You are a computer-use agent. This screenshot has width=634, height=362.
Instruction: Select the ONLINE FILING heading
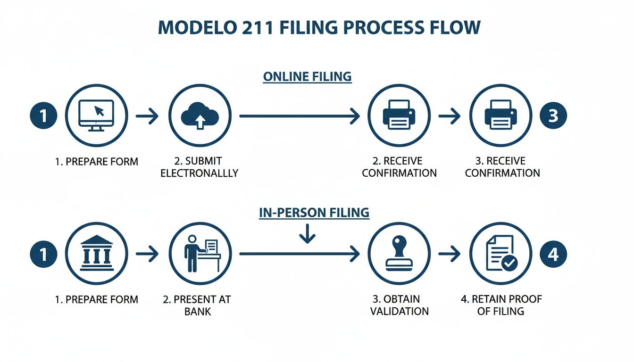pos(307,77)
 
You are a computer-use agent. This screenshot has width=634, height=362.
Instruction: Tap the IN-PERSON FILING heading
pos(314,213)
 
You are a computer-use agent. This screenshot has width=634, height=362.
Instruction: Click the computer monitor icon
pos(96,115)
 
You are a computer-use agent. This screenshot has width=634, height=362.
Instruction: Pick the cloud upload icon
pos(200,115)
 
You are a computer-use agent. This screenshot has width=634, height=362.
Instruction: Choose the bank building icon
pos(96,254)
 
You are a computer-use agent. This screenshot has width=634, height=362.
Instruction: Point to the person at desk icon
pos(200,254)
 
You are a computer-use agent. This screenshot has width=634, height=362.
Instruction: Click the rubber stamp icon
pos(399,254)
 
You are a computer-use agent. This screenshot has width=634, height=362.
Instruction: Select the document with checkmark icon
pos(501,254)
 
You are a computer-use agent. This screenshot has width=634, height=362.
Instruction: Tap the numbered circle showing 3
pos(552,115)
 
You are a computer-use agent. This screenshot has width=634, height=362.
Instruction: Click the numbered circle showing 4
pos(552,254)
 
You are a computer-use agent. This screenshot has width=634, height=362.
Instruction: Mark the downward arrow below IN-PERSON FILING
pos(307,234)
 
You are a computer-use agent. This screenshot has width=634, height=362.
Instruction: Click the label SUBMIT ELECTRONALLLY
pos(199,167)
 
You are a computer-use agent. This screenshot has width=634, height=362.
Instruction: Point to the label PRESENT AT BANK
pos(197,305)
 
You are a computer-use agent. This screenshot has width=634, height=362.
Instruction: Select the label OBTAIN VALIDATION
pos(399,305)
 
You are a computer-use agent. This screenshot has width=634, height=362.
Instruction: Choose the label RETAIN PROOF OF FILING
pos(501,305)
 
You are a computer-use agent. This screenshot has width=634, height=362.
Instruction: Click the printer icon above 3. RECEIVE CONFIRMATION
pos(501,115)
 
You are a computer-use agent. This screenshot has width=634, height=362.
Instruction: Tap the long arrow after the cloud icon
pos(300,115)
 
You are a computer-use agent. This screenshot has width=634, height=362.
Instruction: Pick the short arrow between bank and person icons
pos(147,254)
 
